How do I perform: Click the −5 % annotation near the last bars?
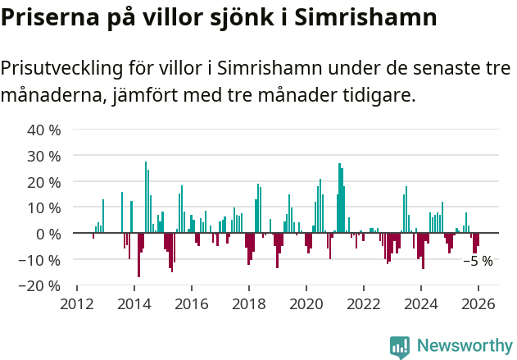(x=478, y=262)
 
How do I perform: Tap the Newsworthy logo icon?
(x=400, y=347)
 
